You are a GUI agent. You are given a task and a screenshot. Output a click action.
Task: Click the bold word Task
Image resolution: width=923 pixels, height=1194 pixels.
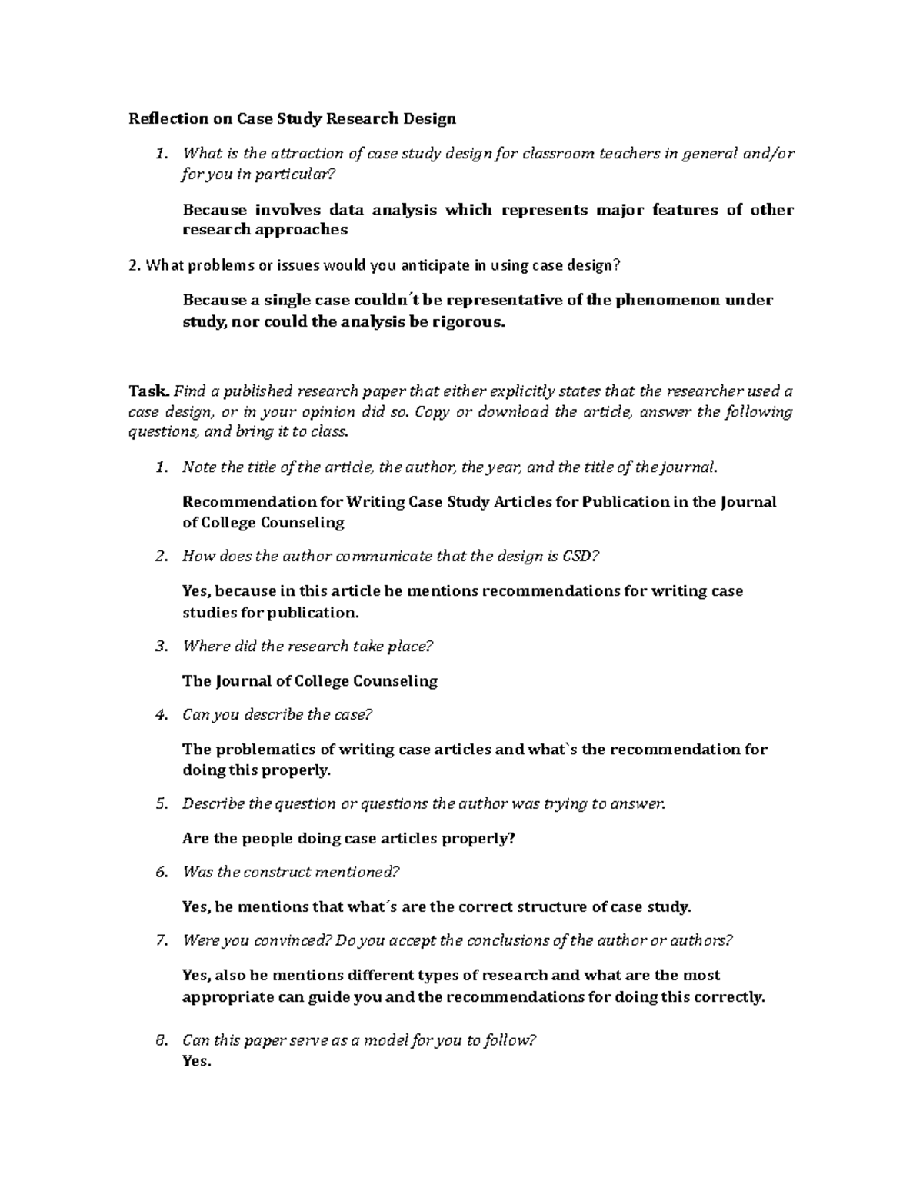pyautogui.click(x=144, y=391)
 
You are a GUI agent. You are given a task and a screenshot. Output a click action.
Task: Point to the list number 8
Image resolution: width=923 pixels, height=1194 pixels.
pyautogui.click(x=160, y=1041)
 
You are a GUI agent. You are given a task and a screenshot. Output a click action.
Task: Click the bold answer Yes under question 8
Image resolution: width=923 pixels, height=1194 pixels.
pyautogui.click(x=196, y=1062)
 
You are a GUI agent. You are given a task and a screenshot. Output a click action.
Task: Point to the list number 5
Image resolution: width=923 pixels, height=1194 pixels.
pyautogui.click(x=160, y=804)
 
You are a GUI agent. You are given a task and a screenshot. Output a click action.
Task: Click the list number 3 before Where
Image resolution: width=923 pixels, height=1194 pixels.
pyautogui.click(x=160, y=647)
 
